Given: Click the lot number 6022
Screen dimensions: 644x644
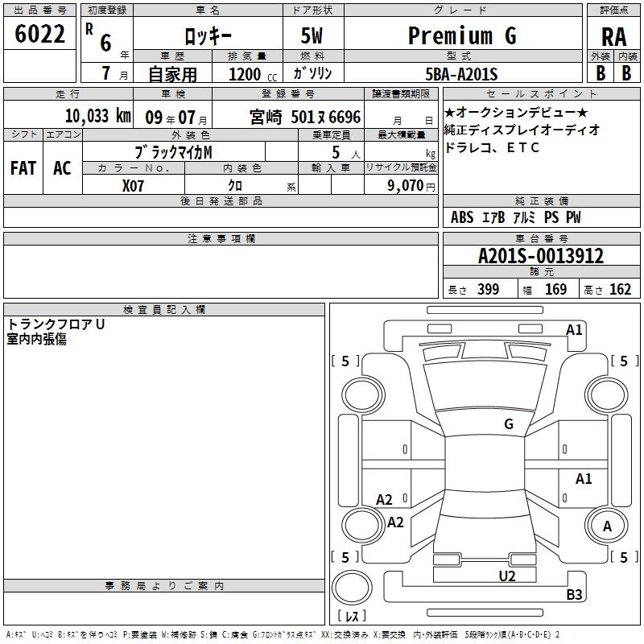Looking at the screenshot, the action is [x=39, y=34].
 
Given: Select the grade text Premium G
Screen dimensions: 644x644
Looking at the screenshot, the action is [x=462, y=35].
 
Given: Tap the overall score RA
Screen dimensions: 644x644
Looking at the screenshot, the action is [x=613, y=37].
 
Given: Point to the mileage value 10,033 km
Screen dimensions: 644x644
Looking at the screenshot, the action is [x=98, y=116].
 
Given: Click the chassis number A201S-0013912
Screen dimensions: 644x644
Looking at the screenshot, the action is [x=541, y=256].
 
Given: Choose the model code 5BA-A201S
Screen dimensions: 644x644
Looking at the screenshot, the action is [x=461, y=74].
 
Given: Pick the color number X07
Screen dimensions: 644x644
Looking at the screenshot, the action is [x=133, y=186].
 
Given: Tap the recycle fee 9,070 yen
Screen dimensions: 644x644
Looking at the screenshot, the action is [x=411, y=186].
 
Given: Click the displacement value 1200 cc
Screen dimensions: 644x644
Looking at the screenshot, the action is [x=253, y=74].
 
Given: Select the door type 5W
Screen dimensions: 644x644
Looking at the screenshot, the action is [x=312, y=35].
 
